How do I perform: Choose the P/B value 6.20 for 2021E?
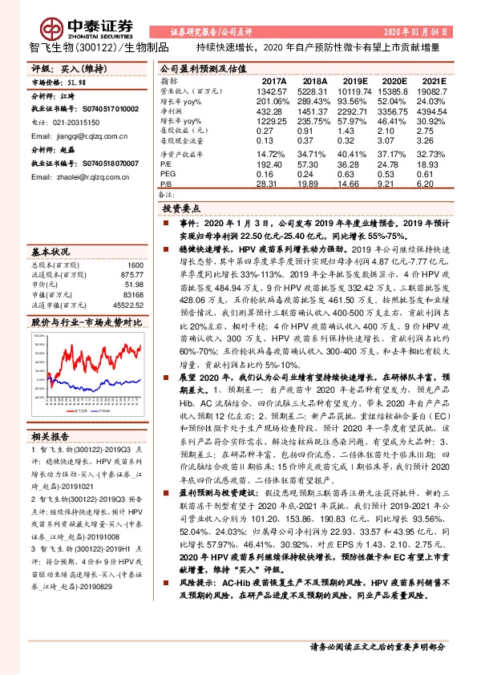click(434, 183)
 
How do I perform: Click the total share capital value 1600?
click(135, 265)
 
